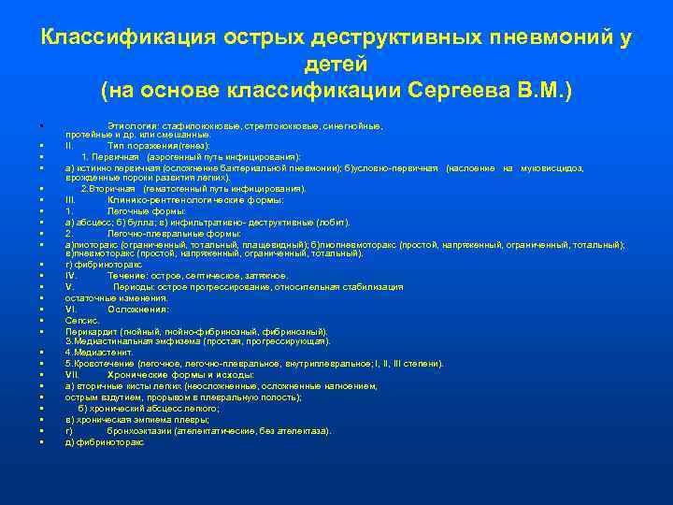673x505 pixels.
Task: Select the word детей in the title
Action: tap(336, 65)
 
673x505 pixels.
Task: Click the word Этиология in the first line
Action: tap(132, 125)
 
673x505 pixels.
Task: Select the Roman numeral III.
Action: tap(71, 200)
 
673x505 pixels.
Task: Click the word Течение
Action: tap(127, 276)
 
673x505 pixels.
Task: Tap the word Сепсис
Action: tap(82, 320)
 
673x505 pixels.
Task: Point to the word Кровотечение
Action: tap(103, 363)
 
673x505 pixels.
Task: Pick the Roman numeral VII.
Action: tap(72, 374)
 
